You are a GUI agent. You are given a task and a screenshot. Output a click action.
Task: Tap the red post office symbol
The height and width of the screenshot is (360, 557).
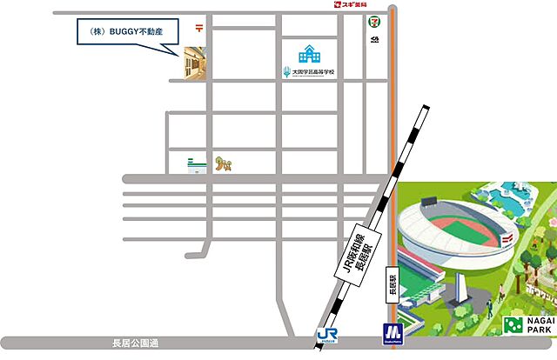coord(200,27)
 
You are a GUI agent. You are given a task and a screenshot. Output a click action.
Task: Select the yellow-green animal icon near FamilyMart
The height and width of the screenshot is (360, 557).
coord(225,162)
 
